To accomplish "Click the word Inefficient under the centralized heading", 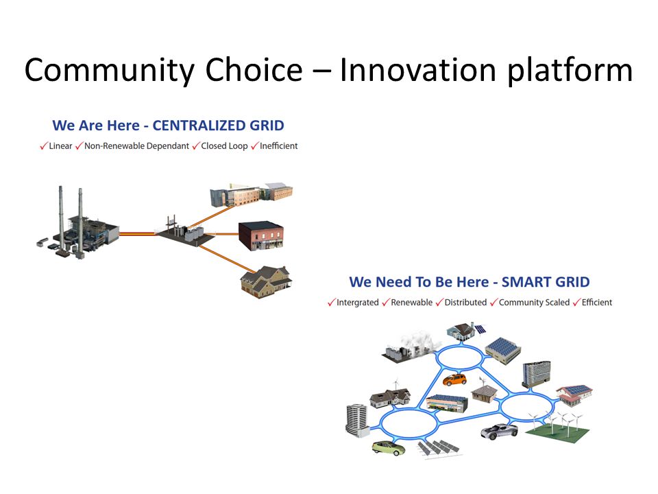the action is click(x=279, y=145).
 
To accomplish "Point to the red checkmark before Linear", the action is click(x=44, y=145).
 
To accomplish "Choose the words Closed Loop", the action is click(x=224, y=146).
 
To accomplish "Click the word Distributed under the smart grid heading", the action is click(x=465, y=303).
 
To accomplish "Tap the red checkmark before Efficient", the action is click(x=576, y=302).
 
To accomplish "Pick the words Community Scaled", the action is click(x=534, y=303).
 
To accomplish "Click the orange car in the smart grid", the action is click(x=455, y=379).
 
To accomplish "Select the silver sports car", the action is click(x=500, y=431).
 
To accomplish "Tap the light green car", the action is click(x=389, y=448).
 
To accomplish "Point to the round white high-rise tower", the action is click(x=356, y=420).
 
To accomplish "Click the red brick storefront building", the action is click(x=261, y=235).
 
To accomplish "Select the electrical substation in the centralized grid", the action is click(x=184, y=231).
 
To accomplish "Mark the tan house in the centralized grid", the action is click(x=266, y=282).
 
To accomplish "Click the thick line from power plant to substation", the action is click(x=138, y=233).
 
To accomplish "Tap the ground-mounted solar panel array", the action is click(x=439, y=448).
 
